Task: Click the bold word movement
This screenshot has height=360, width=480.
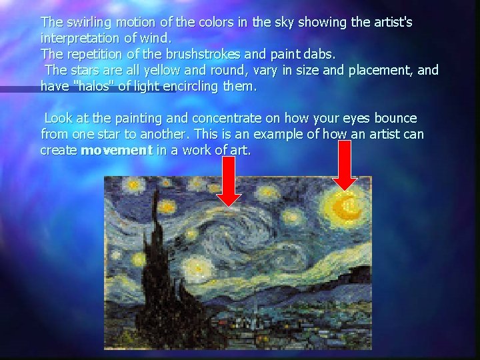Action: (116, 151)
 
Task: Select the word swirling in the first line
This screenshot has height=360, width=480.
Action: (88, 22)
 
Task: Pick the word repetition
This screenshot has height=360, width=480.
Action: (93, 55)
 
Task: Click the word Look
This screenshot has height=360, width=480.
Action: (58, 119)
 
